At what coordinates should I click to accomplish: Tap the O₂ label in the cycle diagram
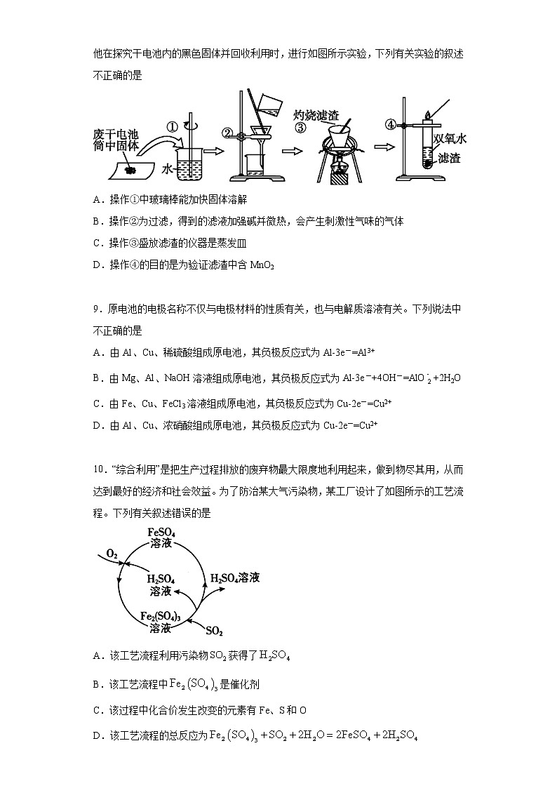click(112, 554)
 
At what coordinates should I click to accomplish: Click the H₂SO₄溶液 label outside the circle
click(236, 577)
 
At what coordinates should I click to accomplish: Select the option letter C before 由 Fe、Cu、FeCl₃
click(98, 403)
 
